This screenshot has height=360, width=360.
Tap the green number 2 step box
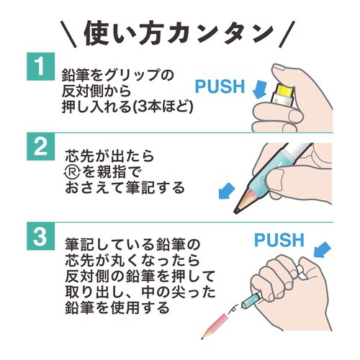tap(40, 148)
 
